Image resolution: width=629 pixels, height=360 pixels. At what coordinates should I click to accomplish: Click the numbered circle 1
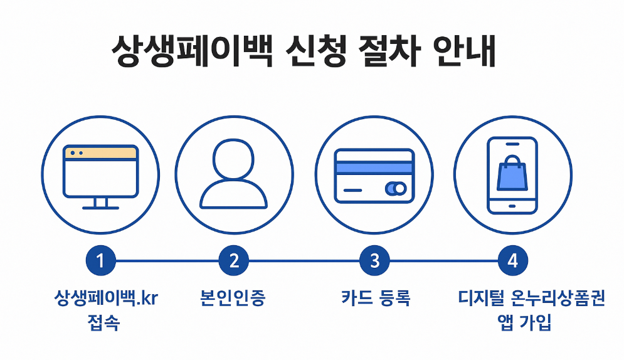coord(100,260)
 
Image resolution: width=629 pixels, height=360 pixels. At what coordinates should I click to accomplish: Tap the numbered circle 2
coord(234,260)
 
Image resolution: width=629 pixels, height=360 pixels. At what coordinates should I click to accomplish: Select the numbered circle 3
coord(374,260)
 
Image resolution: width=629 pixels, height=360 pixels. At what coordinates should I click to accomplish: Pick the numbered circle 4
coord(512,260)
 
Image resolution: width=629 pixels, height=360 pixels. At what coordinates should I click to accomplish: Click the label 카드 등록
coord(376,298)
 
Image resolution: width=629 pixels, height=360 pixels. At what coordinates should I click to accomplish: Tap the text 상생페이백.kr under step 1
coord(106,298)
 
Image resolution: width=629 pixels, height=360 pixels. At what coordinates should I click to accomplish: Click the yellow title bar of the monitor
coord(100,152)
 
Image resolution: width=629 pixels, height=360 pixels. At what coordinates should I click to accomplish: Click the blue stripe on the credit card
coord(374,167)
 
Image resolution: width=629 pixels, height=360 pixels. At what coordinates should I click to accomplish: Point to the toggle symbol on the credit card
coord(395,188)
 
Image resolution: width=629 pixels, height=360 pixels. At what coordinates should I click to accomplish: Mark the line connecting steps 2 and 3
coord(304,260)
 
